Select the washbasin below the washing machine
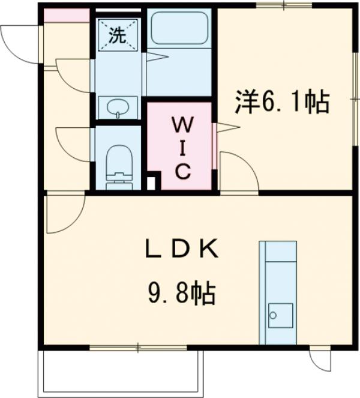pyautogui.click(x=118, y=108)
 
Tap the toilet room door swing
pyautogui.click(x=74, y=143)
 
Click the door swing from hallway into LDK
pyautogui.click(x=64, y=212)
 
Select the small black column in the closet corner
pyautogui.click(x=152, y=181)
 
